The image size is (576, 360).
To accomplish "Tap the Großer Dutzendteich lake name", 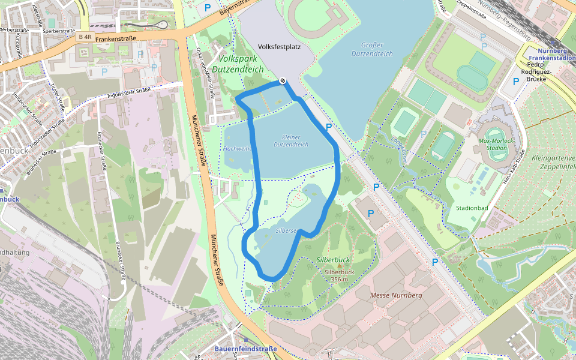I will [377, 49].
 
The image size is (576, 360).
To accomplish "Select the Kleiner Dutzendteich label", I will [291, 141].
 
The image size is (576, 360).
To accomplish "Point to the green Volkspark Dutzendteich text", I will [241, 64].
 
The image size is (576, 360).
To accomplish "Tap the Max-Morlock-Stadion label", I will [496, 143].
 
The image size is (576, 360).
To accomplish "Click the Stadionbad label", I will [472, 208].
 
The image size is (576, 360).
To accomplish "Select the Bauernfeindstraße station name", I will [246, 349].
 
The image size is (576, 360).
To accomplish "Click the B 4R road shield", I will [85, 37].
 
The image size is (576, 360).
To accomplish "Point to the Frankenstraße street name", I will [116, 38].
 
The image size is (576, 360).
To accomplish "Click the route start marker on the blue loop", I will [283, 82].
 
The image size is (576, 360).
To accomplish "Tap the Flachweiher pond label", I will [238, 148].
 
